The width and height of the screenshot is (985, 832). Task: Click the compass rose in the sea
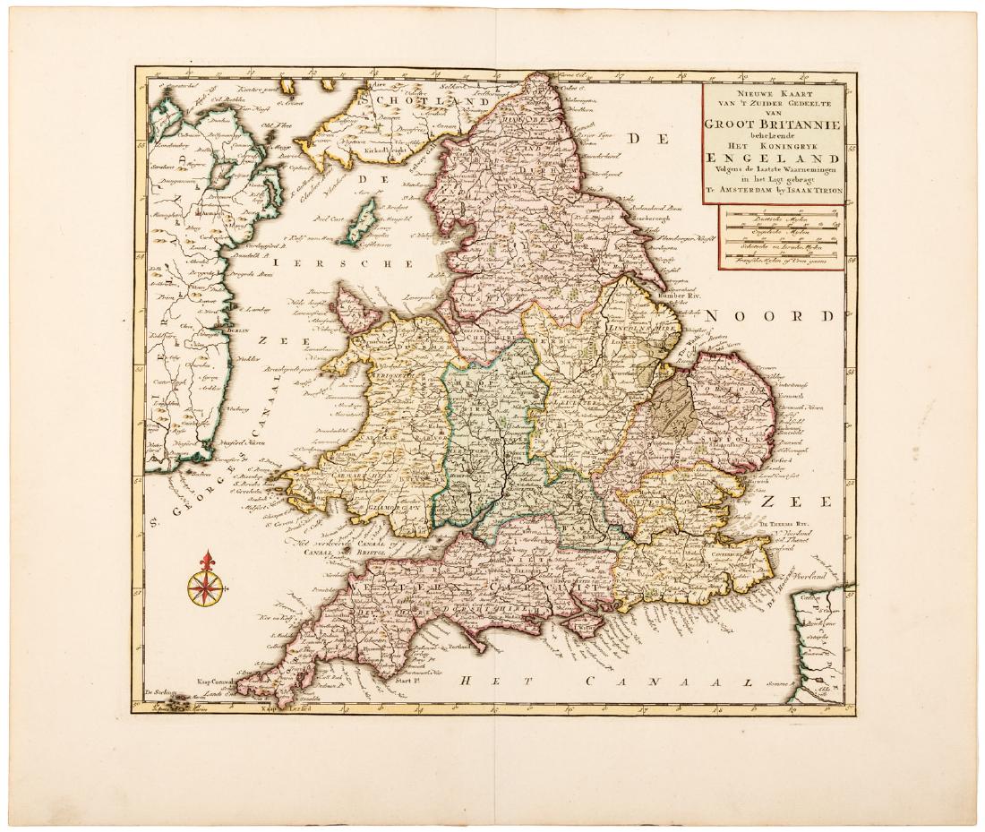tap(207, 587)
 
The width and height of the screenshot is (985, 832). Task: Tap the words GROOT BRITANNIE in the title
tap(776, 126)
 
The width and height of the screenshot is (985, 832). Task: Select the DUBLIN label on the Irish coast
tap(236, 330)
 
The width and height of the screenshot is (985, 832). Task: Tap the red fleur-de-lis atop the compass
tap(207, 562)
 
